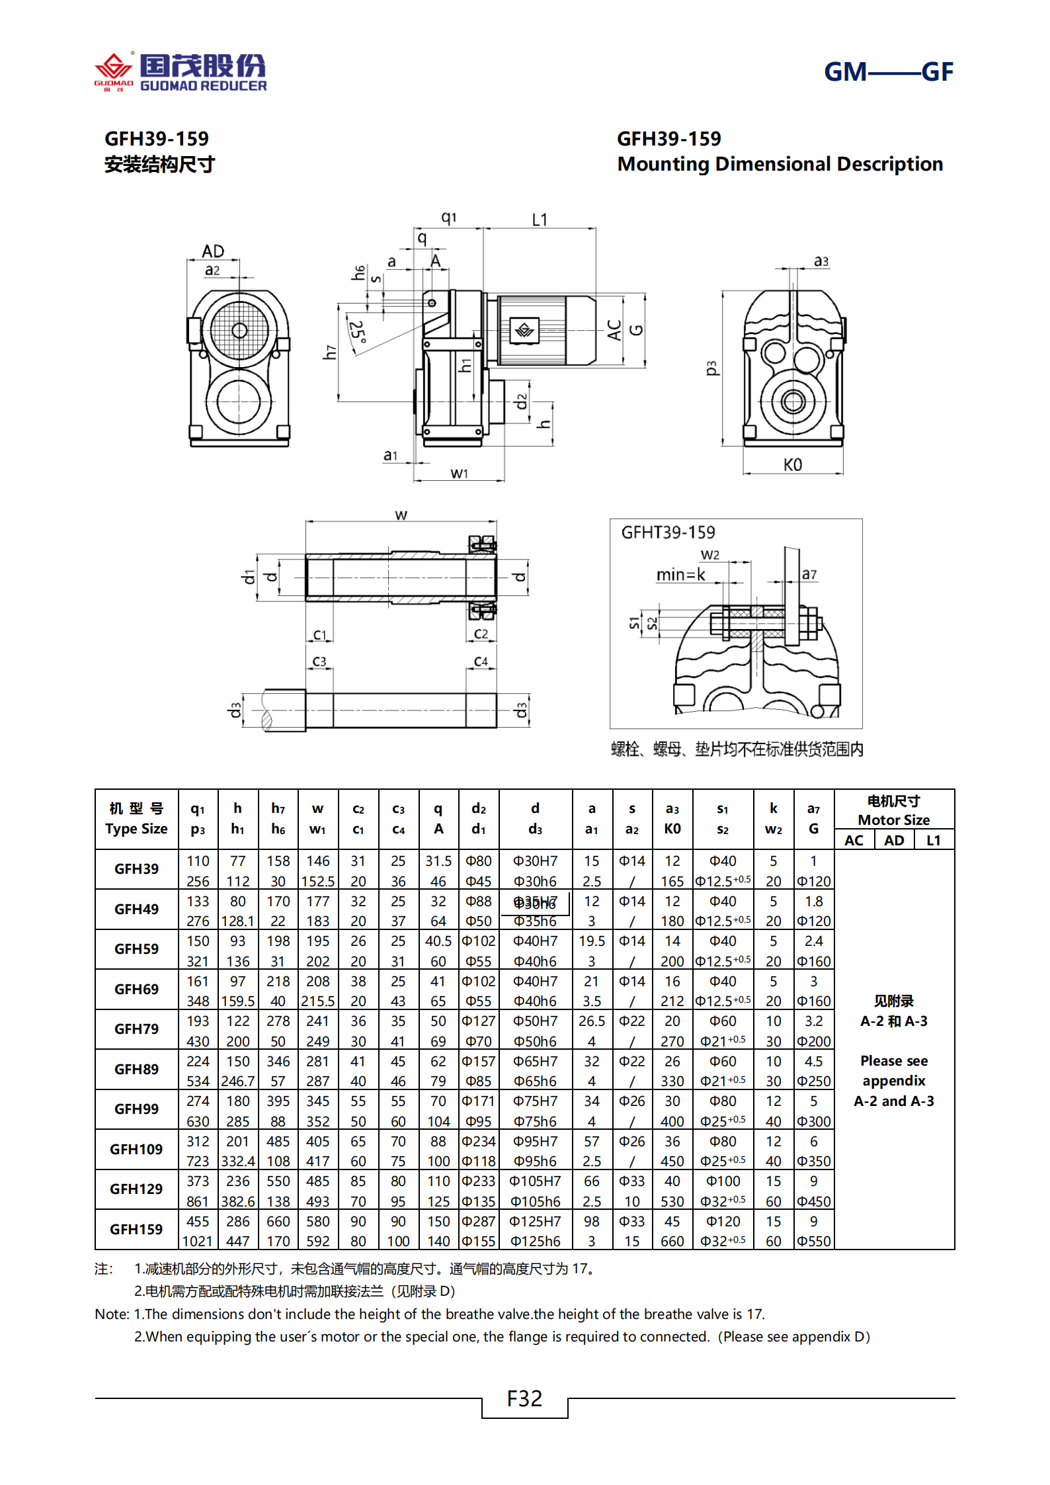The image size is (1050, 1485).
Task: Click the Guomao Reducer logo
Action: point(181,71)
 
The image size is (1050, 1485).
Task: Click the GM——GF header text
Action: point(888,71)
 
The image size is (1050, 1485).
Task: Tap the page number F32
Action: point(524,1398)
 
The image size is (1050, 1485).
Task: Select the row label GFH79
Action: point(136,1029)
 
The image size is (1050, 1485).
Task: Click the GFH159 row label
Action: point(136,1229)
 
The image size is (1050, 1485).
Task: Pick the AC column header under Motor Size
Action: point(854,840)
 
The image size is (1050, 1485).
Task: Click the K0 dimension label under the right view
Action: point(792,464)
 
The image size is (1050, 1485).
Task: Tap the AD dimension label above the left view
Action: point(213,251)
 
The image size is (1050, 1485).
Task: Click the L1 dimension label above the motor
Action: point(540,220)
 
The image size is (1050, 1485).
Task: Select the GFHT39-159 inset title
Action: point(668,532)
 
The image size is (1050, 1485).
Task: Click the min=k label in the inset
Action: point(680,575)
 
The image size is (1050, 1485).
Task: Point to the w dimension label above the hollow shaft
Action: point(401,515)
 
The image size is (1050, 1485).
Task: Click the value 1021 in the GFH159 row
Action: point(197,1241)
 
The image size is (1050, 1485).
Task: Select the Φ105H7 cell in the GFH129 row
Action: point(535,1181)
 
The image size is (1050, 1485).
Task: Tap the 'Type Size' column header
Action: point(136,829)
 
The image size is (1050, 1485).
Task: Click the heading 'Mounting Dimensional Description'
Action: point(780,164)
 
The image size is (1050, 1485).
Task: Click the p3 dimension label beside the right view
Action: point(711,368)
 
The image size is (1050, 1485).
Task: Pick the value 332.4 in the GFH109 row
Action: point(237,1161)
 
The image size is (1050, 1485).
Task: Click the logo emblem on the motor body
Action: point(525,330)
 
